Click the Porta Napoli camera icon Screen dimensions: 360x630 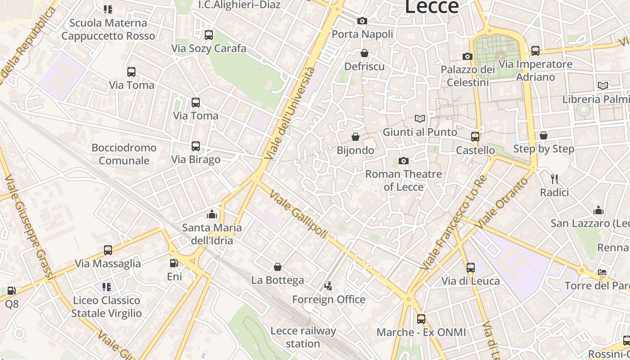click(x=362, y=21)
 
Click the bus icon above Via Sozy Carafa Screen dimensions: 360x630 click(x=208, y=35)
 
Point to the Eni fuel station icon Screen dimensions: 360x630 click(x=174, y=263)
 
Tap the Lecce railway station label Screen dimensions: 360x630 click(x=303, y=337)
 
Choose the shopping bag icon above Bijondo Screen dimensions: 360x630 click(x=355, y=136)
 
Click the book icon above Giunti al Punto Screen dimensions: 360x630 click(x=419, y=118)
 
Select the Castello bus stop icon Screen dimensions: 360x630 click(x=475, y=136)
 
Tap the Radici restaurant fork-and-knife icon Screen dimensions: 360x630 click(x=554, y=179)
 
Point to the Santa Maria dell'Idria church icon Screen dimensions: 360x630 click(x=211, y=214)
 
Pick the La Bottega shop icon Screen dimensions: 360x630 click(x=278, y=267)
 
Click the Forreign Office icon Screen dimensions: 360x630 click(x=328, y=286)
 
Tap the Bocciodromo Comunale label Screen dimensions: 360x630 click(x=124, y=154)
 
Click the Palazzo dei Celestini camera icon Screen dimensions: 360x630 click(x=468, y=56)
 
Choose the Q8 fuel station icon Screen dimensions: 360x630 click(x=12, y=291)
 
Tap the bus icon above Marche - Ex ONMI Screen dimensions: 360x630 click(x=421, y=319)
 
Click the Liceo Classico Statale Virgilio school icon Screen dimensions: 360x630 click(x=107, y=287)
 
